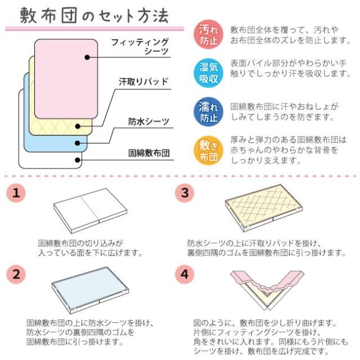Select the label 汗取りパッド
pyautogui.click(x=143, y=82)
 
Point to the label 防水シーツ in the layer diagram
pyautogui.click(x=149, y=121)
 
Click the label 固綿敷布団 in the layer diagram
pyautogui.click(x=149, y=152)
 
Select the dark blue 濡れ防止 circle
pyautogui.click(x=209, y=112)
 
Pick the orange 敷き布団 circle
pyautogui.click(x=209, y=150)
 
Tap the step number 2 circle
pyautogui.click(x=19, y=274)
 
